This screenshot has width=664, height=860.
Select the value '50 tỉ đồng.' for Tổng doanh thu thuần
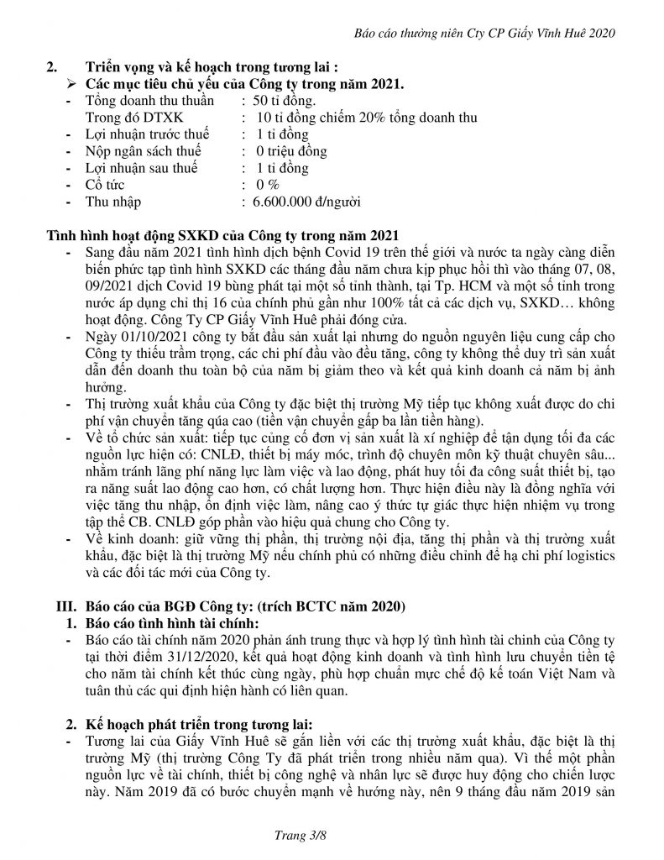[x=291, y=101]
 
